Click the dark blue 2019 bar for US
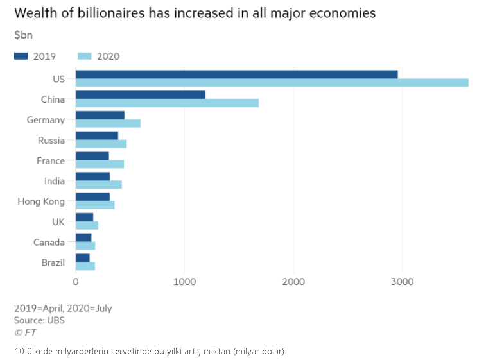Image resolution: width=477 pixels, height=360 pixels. click(236, 74)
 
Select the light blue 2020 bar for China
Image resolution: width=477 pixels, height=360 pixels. click(167, 103)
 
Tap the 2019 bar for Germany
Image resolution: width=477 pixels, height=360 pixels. click(100, 115)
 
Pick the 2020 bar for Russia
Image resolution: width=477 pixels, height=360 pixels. click(101, 144)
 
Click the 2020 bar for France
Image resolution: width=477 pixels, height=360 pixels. click(100, 164)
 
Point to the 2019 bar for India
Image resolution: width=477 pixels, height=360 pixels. click(92, 176)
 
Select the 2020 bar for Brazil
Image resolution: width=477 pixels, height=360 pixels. click(85, 266)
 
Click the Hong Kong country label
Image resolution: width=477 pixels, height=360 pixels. click(41, 201)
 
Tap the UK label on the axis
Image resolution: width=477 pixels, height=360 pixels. click(58, 222)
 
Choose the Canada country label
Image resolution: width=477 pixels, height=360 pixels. click(49, 243)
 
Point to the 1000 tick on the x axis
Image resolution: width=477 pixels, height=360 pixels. click(185, 282)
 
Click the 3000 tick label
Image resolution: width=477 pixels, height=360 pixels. click(402, 282)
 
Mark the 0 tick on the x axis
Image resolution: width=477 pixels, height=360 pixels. click(76, 282)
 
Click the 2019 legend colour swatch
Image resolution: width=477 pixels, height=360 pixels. click(21, 56)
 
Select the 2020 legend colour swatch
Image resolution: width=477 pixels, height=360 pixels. click(85, 56)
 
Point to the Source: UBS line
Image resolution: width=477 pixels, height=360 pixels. click(39, 320)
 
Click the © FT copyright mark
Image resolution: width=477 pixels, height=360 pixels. click(26, 332)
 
